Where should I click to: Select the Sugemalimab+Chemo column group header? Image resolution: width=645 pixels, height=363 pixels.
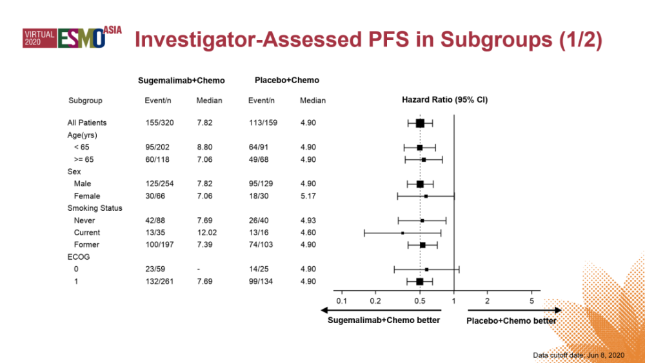tap(181, 81)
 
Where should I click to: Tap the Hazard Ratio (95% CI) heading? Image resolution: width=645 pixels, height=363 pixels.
tap(444, 100)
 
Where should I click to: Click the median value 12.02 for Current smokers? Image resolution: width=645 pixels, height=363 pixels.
tap(207, 232)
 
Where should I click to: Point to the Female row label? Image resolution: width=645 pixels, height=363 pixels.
tap(86, 195)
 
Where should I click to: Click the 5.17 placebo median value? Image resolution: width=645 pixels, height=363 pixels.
tap(308, 195)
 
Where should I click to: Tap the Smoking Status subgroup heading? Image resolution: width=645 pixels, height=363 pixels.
tap(95, 208)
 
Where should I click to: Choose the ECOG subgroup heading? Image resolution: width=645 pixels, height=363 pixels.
tap(79, 257)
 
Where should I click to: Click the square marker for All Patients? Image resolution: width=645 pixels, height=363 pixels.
tap(420, 123)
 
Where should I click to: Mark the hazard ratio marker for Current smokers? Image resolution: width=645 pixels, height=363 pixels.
tap(402, 232)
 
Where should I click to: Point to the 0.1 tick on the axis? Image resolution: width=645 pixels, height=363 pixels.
tap(342, 300)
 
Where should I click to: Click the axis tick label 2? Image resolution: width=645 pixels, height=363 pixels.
tap(487, 300)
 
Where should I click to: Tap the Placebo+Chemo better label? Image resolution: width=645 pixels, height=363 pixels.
tap(511, 321)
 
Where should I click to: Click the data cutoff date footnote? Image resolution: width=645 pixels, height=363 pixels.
tap(579, 355)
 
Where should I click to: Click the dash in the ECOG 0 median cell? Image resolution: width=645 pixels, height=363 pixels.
tap(199, 269)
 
